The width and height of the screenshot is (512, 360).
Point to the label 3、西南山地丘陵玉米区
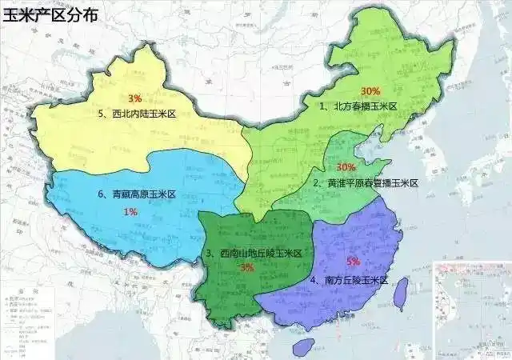pyautogui.click(x=254, y=254)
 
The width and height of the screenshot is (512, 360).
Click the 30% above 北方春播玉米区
pyautogui.click(x=370, y=90)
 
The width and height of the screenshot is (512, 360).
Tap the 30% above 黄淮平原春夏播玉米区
pyautogui.click(x=346, y=167)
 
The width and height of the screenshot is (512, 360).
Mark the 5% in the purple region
pyautogui.click(x=354, y=262)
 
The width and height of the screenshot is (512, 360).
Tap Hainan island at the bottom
pyautogui.click(x=304, y=346)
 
